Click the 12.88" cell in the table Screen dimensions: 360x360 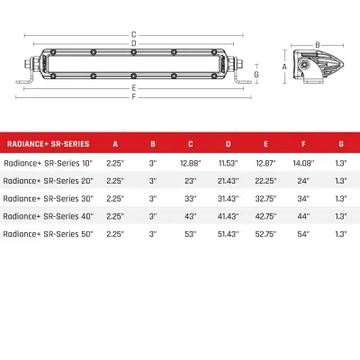tap(190, 162)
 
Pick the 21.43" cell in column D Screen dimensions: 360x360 tap(227, 180)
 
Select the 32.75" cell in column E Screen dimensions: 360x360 tap(265, 198)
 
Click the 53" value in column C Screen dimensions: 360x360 tap(190, 234)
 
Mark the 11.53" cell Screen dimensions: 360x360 tap(227, 162)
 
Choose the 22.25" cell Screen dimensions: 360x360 tap(265, 180)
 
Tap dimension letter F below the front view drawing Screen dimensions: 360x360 tap(133, 96)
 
